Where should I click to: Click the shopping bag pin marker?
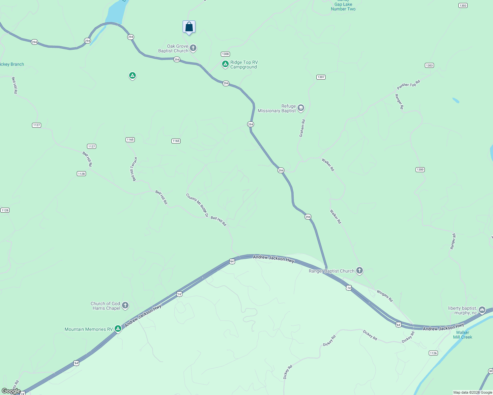tap(189, 27)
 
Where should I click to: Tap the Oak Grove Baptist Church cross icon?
tap(193, 48)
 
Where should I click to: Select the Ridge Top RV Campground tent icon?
tap(225, 64)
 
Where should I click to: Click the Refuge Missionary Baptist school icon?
tap(301, 108)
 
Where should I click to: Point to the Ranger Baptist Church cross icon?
tap(360, 271)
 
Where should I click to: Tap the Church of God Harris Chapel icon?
tap(125, 305)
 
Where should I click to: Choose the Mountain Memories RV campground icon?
tap(118, 329)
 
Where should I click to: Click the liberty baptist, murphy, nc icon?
tap(482, 310)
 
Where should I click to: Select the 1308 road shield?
tap(225, 54)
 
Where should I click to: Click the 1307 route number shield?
tap(321, 77)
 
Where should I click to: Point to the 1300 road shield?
tap(420, 170)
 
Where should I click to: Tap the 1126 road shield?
tap(433, 353)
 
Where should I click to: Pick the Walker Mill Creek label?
tap(463, 335)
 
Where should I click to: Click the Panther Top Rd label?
tap(409, 85)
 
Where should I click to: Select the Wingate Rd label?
tap(385, 296)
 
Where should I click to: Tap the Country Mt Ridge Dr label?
tap(197, 205)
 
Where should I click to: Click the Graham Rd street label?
tap(302, 128)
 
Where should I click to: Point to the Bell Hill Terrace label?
tap(134, 169)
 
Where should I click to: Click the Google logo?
tap(11, 391)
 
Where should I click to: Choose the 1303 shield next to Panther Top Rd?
tap(429, 65)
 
